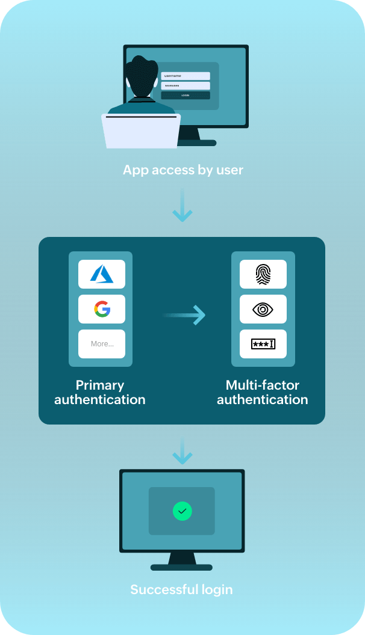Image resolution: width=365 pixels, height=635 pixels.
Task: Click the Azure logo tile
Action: point(102,274)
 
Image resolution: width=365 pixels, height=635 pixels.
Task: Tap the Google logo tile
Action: point(102,309)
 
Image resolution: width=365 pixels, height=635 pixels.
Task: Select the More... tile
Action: point(102,344)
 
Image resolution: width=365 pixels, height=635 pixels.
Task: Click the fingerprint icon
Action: point(263,274)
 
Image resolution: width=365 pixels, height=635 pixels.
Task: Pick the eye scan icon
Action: point(263,309)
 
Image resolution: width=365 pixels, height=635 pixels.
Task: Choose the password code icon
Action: point(263,344)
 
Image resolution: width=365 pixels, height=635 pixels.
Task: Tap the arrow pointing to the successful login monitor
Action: point(182,452)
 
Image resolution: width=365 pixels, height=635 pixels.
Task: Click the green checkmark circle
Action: point(182,511)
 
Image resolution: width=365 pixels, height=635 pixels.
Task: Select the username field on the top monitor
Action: point(186,76)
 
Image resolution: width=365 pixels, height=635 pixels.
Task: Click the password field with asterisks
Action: point(186,86)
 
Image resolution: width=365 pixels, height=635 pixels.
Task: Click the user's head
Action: point(142,77)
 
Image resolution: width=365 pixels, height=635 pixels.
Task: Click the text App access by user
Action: point(183,170)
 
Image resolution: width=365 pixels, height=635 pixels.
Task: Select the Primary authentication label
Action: point(100,392)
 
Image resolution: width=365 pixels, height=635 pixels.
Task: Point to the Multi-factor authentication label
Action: point(263,392)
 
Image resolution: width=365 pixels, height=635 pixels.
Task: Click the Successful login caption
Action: point(181,589)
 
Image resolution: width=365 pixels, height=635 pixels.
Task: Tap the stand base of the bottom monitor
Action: point(181,567)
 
